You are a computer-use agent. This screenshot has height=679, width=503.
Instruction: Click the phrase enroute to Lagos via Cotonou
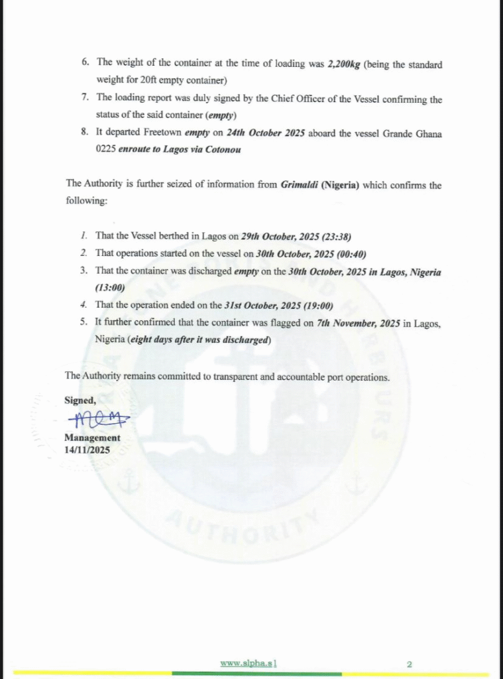point(179,149)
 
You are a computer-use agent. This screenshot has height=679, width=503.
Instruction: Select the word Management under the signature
point(92,438)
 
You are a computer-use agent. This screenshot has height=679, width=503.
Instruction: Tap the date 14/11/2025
point(87,450)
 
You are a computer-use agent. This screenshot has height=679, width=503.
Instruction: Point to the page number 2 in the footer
point(409,663)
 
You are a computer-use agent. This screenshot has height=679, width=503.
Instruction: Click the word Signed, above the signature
point(80,400)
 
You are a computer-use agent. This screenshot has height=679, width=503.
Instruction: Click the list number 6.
point(85,63)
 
